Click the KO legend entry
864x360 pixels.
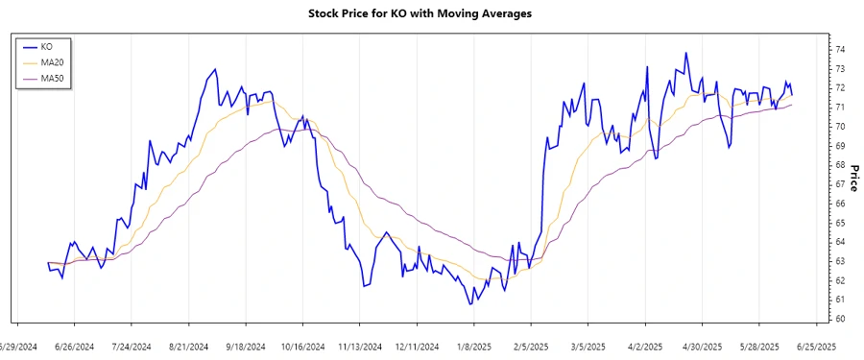(46, 46)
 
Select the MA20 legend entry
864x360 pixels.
(52, 61)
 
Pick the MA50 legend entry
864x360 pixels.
(52, 77)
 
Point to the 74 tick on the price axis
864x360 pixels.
(840, 49)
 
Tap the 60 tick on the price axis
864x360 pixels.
(840, 319)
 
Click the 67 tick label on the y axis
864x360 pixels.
(840, 184)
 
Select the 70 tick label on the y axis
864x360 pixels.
(840, 126)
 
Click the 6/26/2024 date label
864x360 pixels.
(74, 347)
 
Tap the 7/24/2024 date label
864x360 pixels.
(132, 347)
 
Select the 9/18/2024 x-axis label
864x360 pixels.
(246, 347)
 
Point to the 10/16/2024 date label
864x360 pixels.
(303, 347)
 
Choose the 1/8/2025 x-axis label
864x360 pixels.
(474, 347)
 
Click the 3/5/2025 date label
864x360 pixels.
(588, 347)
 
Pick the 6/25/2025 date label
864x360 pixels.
(817, 347)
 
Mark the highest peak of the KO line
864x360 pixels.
(685, 53)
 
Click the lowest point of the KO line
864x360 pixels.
(470, 304)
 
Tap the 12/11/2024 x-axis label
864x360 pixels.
(417, 347)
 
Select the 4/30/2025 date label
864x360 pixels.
(703, 347)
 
